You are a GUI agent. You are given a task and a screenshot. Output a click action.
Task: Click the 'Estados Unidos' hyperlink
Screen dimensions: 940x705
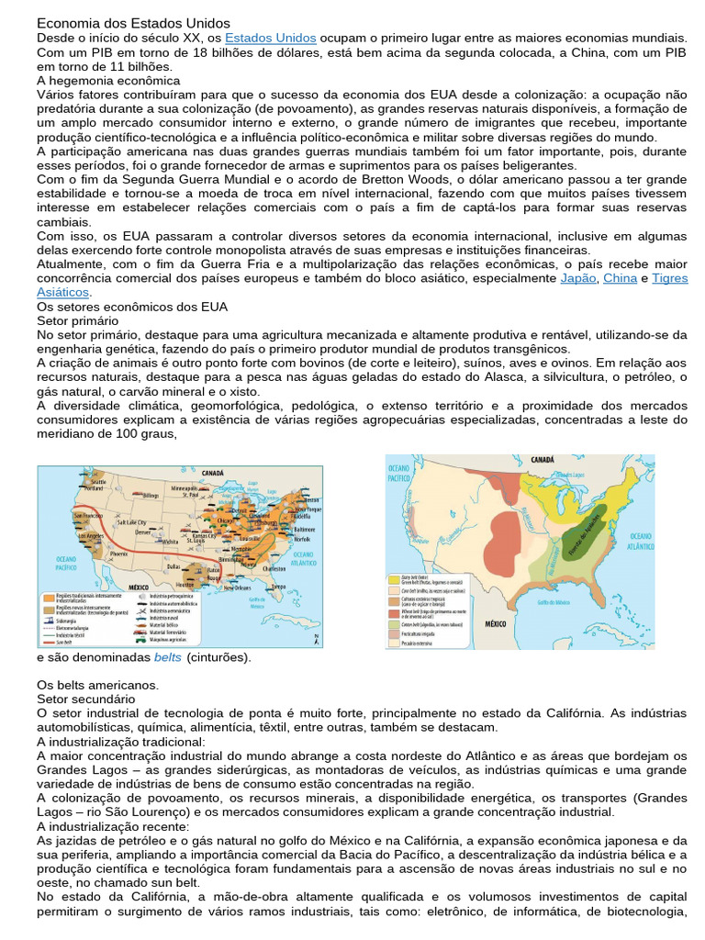coord(270,38)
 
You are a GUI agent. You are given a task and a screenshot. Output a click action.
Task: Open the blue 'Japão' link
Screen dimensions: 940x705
coord(576,278)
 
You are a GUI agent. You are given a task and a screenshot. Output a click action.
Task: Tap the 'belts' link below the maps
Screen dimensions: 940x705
coord(167,657)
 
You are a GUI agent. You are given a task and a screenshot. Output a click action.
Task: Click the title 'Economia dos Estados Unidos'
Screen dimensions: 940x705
coord(133,23)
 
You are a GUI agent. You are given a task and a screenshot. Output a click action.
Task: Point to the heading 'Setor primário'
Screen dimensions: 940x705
coord(77,321)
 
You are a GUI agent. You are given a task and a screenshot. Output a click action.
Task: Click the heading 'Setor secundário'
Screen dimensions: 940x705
coord(84,699)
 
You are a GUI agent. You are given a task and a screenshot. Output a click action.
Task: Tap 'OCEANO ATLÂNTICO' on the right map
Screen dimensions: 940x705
coord(640,541)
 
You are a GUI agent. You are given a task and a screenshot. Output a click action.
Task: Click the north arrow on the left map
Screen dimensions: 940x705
coord(315,639)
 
